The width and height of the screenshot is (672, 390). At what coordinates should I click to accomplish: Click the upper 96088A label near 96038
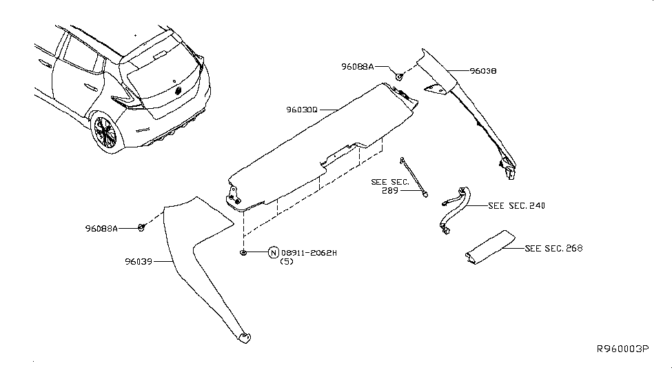tap(357, 67)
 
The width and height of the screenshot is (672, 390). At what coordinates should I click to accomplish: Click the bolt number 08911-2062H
tap(309, 253)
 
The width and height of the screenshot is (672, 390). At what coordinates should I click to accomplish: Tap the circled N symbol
tap(273, 253)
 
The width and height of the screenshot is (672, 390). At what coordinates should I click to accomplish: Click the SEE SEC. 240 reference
tap(516, 205)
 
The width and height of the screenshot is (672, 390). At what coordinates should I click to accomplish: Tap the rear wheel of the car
tap(105, 131)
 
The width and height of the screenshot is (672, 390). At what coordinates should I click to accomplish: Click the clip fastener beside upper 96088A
tap(399, 74)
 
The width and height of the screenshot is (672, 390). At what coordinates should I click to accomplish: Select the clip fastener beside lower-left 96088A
tap(141, 227)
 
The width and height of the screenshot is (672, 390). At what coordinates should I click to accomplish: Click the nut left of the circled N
tap(245, 253)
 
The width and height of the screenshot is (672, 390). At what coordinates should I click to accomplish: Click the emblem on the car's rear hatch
tap(179, 90)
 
